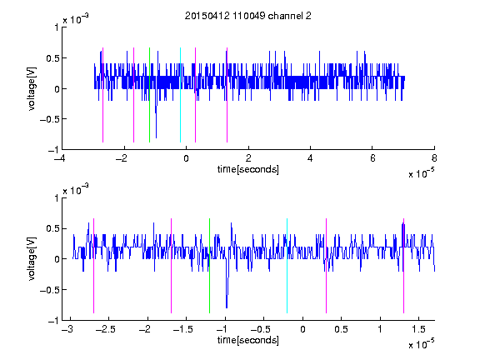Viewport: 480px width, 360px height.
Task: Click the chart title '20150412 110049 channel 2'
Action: [248, 16]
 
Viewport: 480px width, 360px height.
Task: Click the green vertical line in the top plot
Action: [149, 95]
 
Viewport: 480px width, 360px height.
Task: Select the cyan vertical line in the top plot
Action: [180, 95]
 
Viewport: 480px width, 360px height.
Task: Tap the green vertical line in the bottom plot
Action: [209, 266]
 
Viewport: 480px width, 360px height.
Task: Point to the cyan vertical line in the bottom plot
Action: [287, 266]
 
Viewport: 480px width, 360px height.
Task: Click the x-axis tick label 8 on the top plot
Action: [434, 158]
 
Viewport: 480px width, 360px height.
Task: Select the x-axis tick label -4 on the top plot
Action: [61, 158]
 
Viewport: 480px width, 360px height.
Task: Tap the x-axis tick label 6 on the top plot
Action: [372, 158]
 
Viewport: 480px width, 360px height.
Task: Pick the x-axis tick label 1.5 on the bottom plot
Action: [418, 329]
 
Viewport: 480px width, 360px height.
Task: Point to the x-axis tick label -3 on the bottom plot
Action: [67, 329]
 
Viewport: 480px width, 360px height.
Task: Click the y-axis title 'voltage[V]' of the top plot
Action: [32, 88]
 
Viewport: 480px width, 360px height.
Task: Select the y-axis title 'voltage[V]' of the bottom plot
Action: [32, 259]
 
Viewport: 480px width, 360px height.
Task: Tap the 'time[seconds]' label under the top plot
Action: [248, 169]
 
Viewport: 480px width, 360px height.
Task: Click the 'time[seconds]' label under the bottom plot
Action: [248, 340]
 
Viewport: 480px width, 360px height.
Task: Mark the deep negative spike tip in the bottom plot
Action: [227, 307]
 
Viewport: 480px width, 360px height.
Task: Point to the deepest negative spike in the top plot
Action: [156, 137]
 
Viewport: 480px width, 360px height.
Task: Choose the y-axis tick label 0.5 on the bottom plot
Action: [52, 228]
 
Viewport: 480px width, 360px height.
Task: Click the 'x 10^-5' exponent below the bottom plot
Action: [421, 344]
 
